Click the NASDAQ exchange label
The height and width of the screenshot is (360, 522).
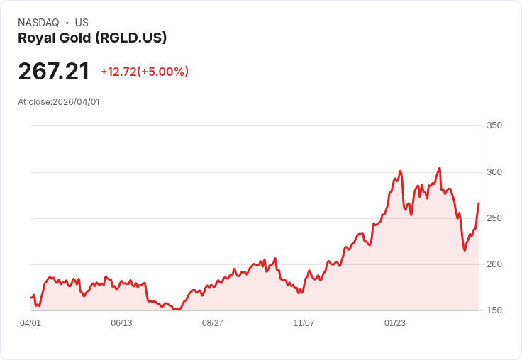tap(38, 23)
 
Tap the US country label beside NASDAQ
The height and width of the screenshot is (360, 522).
tap(82, 23)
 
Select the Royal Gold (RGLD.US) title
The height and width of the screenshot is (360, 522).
tap(92, 38)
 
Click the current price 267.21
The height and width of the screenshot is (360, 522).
tap(54, 72)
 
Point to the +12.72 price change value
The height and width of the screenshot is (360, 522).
tap(118, 72)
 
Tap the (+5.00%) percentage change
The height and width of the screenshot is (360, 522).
tap(163, 72)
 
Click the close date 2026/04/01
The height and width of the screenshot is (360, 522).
tap(76, 102)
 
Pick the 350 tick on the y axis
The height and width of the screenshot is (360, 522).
tap(494, 125)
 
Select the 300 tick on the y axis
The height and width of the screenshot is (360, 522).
tap(494, 172)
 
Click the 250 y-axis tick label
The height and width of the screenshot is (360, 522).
tap(494, 218)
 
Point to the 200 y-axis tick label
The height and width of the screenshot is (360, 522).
tap(494, 264)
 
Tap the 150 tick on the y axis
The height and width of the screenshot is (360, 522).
tap(494, 310)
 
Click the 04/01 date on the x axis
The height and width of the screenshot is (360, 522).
tap(30, 323)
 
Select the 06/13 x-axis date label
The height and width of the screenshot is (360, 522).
tap(121, 323)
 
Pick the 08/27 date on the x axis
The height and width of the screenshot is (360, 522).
tap(213, 323)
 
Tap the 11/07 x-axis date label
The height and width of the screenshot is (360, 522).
tap(304, 323)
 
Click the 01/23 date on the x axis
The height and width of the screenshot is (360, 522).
tap(395, 323)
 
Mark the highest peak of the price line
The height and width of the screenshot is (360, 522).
tap(440, 168)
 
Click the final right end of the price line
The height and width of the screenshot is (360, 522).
tap(479, 203)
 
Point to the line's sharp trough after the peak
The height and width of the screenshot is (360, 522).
tap(465, 249)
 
